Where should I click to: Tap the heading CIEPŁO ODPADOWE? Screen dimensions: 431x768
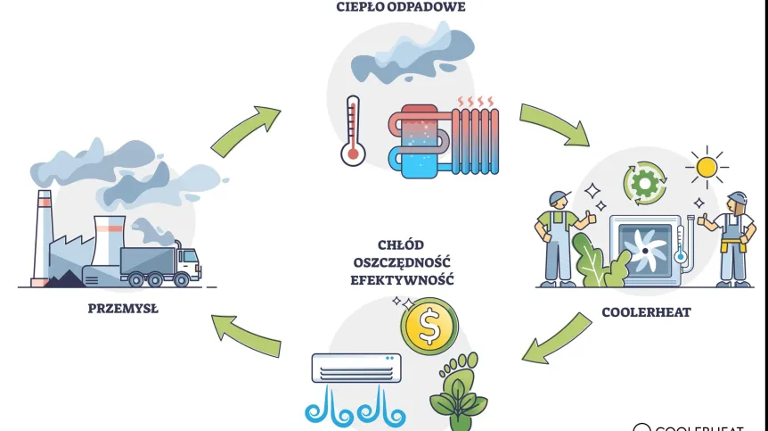pyautogui.click(x=401, y=7)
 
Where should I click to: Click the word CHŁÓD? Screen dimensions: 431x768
pyautogui.click(x=402, y=245)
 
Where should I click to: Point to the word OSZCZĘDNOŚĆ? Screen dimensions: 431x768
pyautogui.click(x=402, y=261)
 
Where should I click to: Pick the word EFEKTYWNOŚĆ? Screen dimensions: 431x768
pyautogui.click(x=402, y=279)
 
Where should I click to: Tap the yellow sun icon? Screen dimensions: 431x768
pyautogui.click(x=707, y=167)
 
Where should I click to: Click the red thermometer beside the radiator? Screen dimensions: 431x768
pyautogui.click(x=354, y=133)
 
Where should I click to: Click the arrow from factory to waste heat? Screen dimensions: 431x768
pyautogui.click(x=245, y=129)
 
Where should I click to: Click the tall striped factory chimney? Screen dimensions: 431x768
pyautogui.click(x=43, y=236)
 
